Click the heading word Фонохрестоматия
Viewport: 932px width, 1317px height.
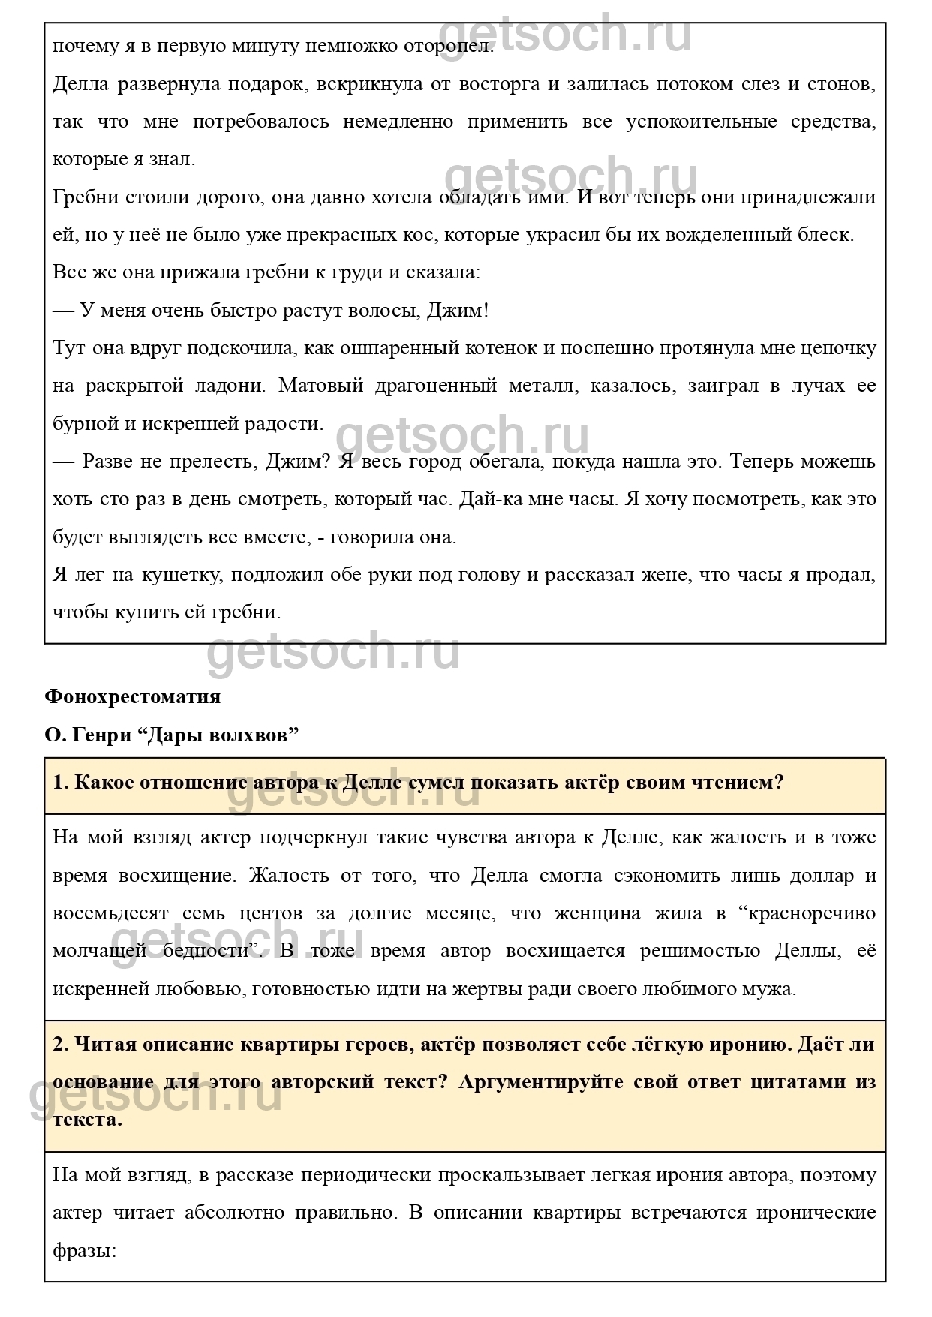[x=133, y=696]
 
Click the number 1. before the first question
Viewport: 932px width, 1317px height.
[x=61, y=783]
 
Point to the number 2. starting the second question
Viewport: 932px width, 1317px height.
[x=61, y=1045]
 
